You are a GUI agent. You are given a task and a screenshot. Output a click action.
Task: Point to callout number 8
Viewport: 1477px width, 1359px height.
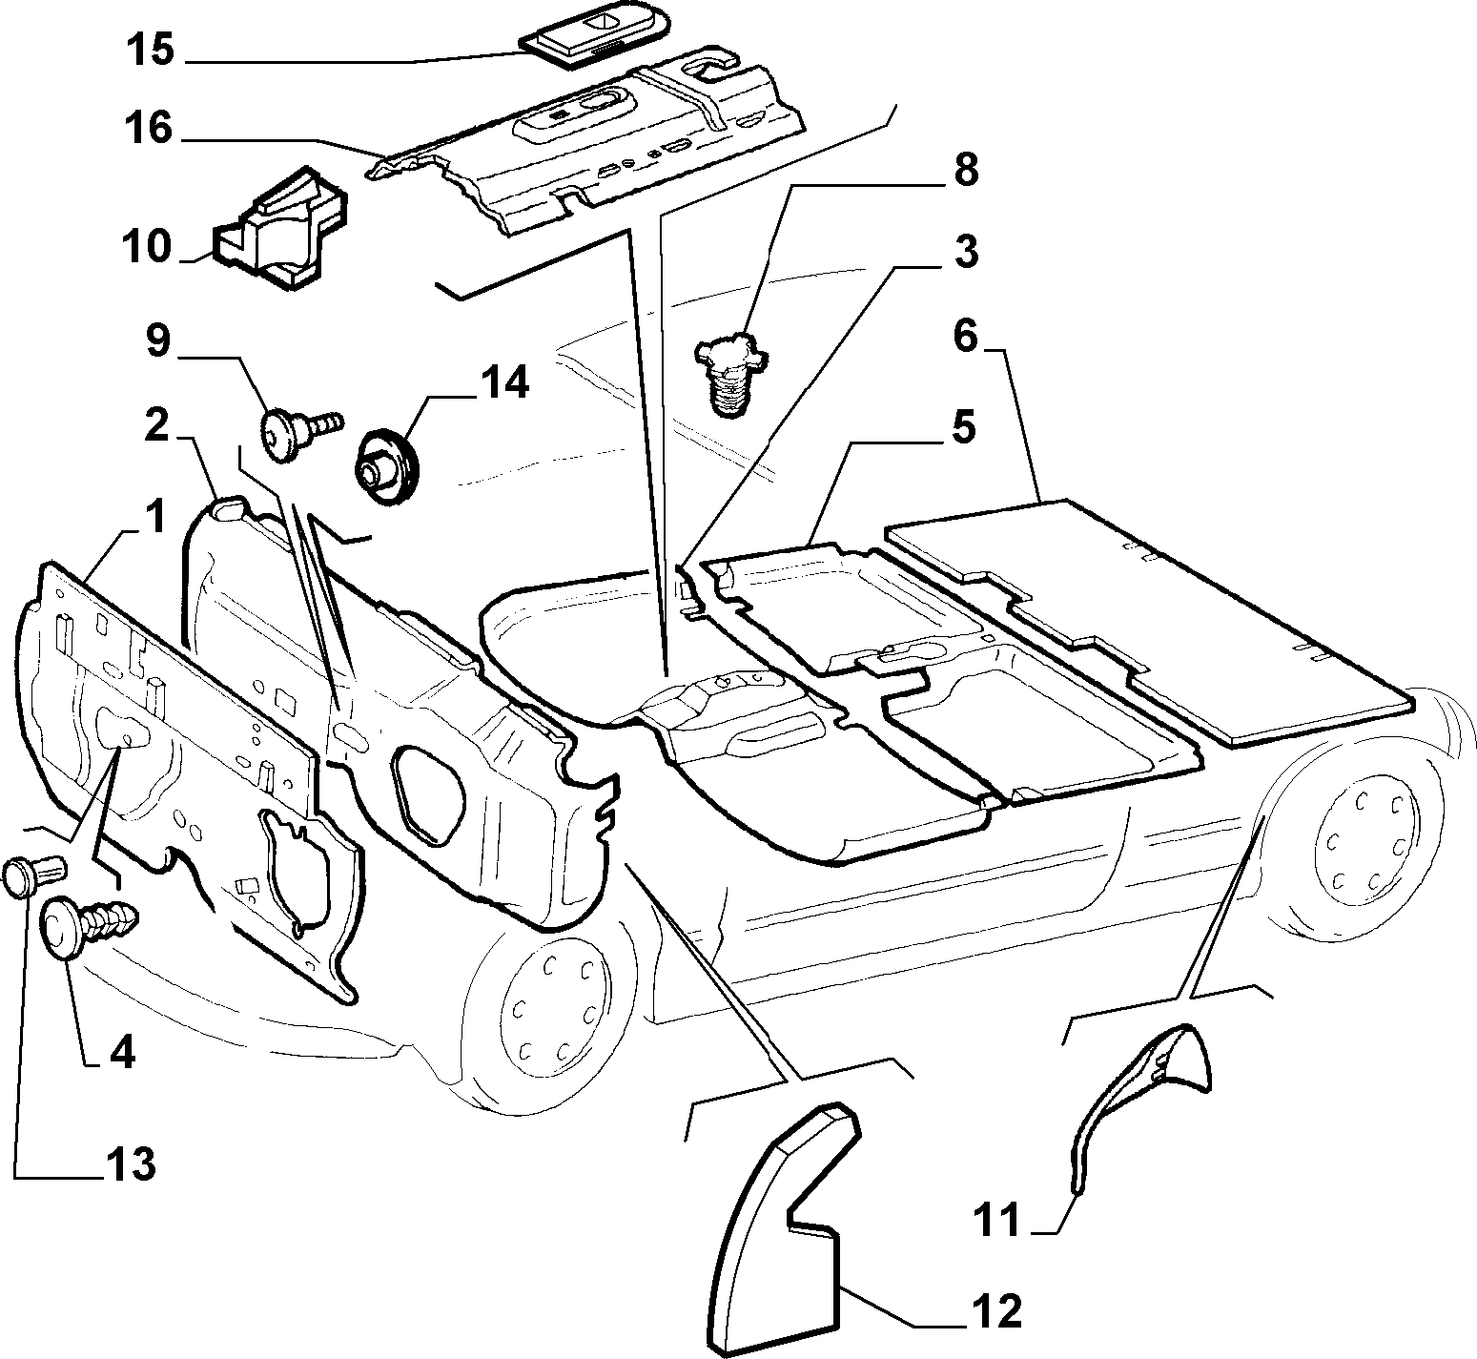(965, 172)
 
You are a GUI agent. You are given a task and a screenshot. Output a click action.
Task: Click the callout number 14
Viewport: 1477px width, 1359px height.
(503, 383)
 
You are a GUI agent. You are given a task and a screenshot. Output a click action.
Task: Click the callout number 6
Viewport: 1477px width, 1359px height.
(966, 336)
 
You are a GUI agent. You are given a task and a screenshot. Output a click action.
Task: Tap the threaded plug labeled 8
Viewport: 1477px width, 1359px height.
(729, 374)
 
